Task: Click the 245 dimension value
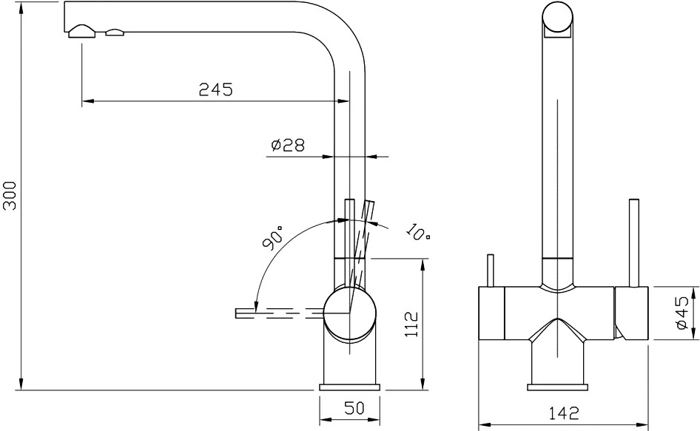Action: coord(215,89)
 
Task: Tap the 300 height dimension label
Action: coord(10,196)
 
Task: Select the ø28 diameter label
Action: coord(288,145)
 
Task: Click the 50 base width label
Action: coord(354,408)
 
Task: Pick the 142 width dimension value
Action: coord(563,413)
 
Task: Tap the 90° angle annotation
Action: coord(273,238)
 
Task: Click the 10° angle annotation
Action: coord(418,231)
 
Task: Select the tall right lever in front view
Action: coord(634,243)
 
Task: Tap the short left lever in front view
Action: coord(491,271)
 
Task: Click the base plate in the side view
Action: coord(349,387)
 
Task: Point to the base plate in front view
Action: coord(557,387)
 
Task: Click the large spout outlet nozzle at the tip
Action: coord(81,32)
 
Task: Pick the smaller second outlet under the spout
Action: coord(115,32)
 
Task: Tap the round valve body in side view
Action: coord(349,313)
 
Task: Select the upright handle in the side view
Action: coord(350,243)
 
